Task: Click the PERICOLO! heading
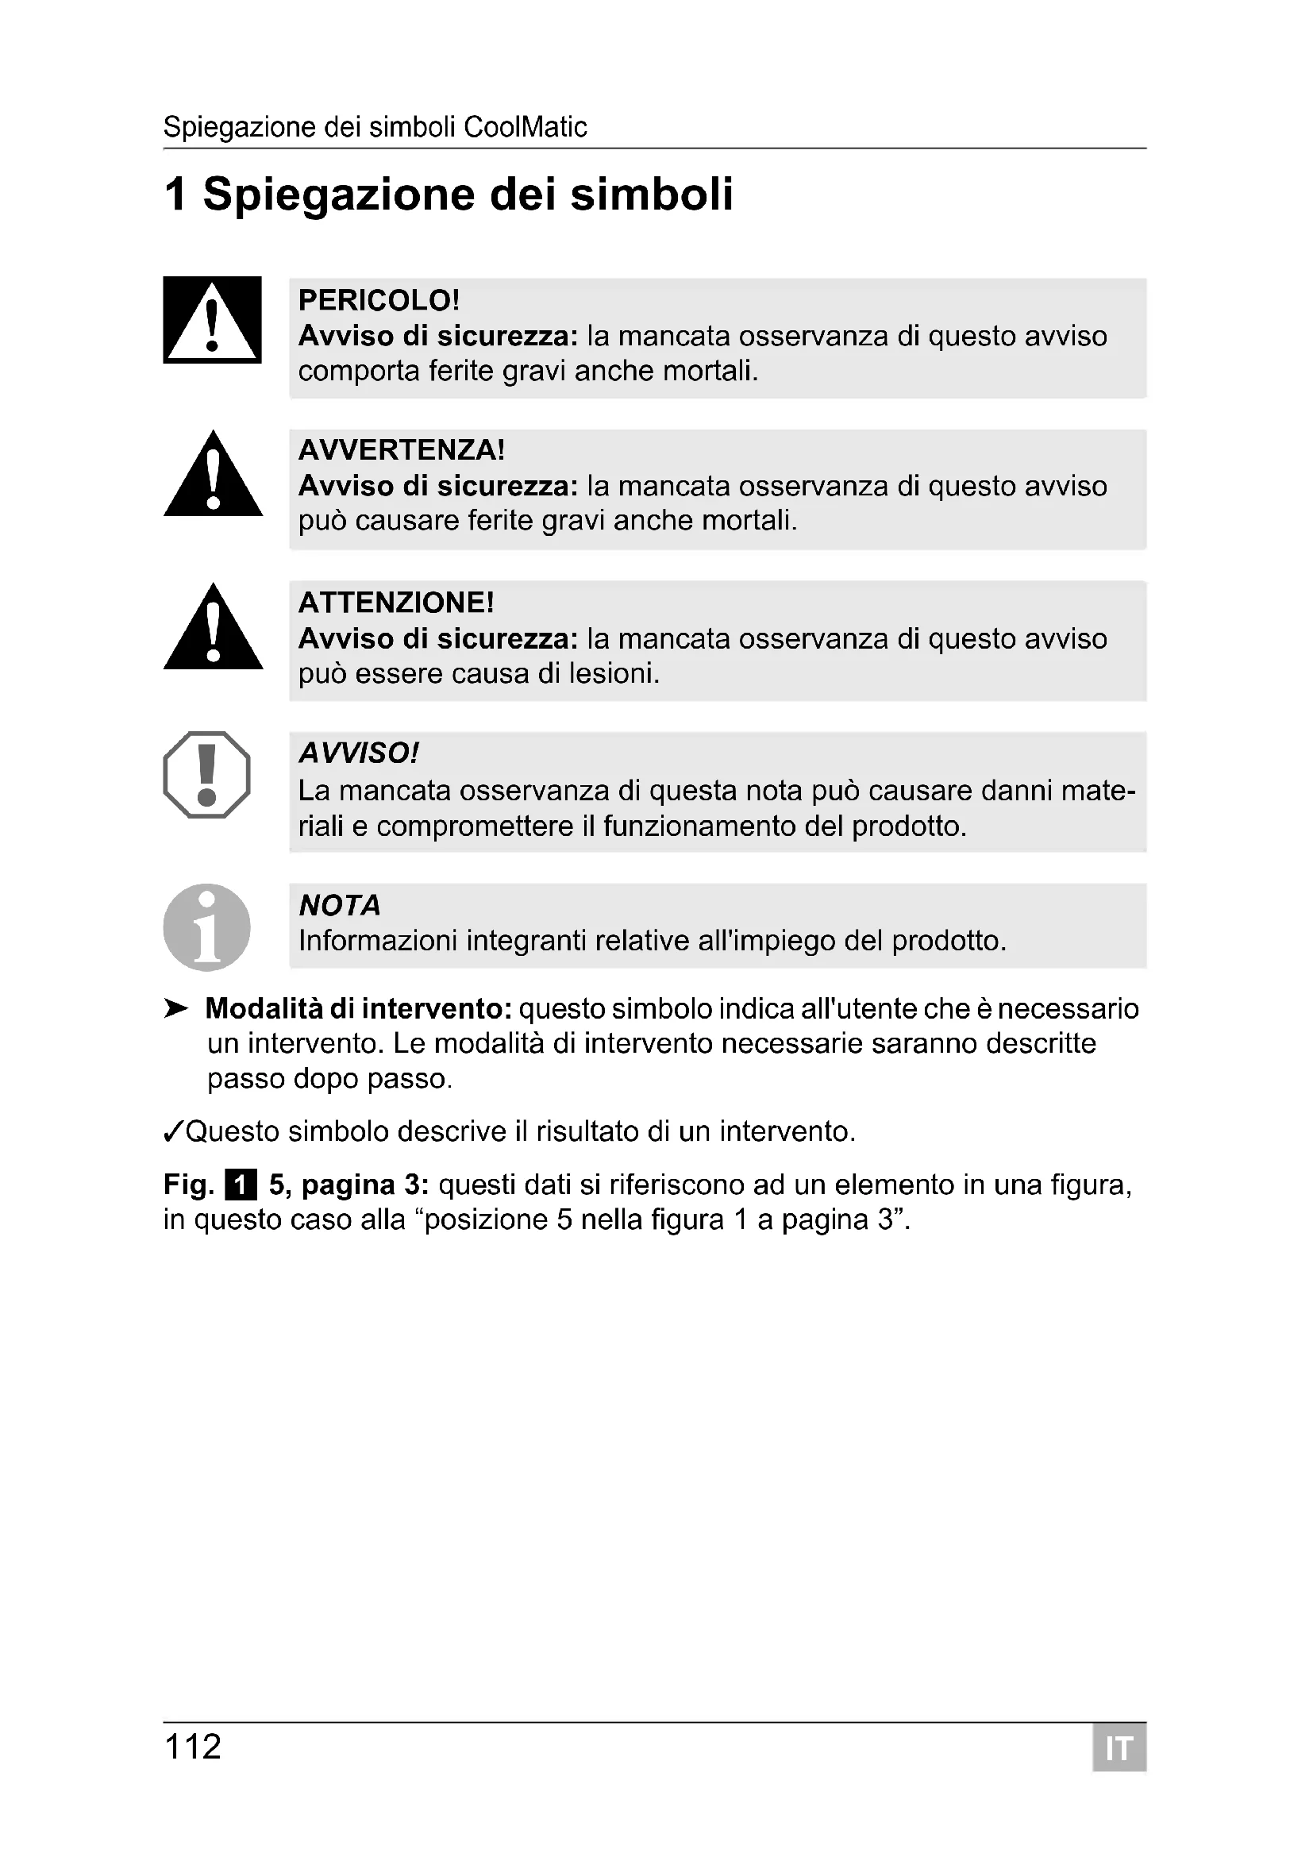click(x=379, y=300)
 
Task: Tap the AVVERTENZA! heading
click(x=401, y=449)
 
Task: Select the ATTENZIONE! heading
click(x=395, y=603)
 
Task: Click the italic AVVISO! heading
click(x=359, y=753)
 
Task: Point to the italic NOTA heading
click(x=340, y=905)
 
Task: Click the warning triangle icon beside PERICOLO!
click(x=212, y=320)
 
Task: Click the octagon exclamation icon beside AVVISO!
click(x=207, y=775)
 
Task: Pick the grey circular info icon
click(x=207, y=927)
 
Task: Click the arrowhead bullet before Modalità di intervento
click(x=175, y=1008)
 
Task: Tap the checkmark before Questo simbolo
click(x=173, y=1132)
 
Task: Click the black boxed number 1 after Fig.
click(x=240, y=1185)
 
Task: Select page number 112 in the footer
click(x=192, y=1747)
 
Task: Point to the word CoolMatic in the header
click(x=526, y=127)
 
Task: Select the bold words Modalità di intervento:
click(x=359, y=1008)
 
